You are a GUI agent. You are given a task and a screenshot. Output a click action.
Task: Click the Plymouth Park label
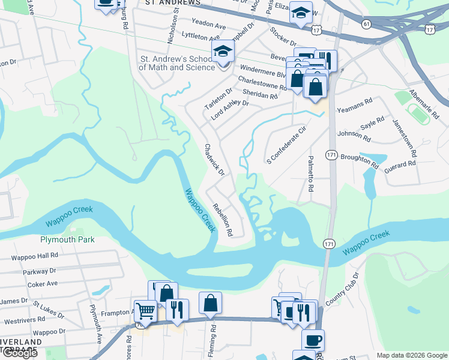(67, 239)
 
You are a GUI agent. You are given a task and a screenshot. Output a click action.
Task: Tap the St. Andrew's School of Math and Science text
(177, 64)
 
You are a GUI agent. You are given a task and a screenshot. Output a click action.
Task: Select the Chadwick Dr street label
(214, 160)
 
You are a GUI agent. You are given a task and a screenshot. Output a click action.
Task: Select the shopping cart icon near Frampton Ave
(145, 311)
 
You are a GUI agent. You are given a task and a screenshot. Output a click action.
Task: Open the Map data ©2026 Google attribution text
(412, 355)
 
